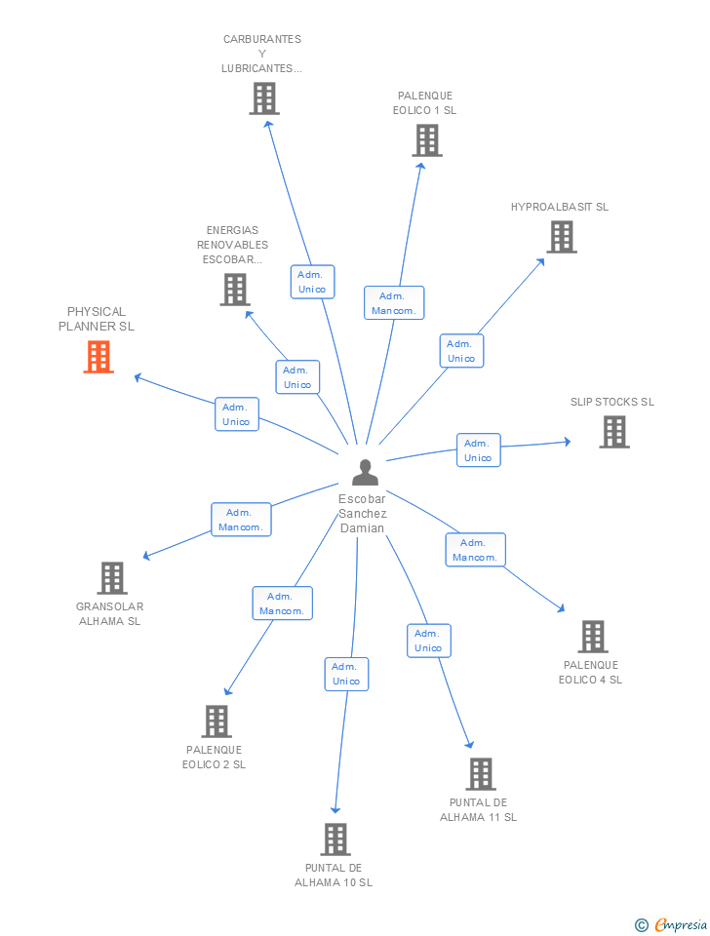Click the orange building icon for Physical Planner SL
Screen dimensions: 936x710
tap(99, 357)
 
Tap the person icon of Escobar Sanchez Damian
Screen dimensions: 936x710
tap(365, 473)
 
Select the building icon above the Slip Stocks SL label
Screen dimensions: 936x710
tap(613, 432)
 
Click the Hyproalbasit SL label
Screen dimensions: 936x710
tap(559, 207)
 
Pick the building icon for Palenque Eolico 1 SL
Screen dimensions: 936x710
tap(426, 140)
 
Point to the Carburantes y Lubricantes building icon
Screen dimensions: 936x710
tap(263, 98)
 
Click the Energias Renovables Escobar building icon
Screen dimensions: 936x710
tap(234, 290)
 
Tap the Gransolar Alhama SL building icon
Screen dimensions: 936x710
tap(112, 578)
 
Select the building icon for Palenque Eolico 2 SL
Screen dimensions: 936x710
tap(216, 721)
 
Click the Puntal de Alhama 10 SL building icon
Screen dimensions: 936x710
tap(335, 839)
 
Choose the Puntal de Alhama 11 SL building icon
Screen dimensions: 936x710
tap(480, 774)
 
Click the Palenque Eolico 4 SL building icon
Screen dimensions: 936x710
tap(592, 637)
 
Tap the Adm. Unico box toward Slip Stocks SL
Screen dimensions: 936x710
tap(478, 450)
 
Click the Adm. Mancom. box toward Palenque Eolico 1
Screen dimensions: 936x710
tap(394, 303)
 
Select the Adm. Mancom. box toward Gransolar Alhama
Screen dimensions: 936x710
tap(240, 520)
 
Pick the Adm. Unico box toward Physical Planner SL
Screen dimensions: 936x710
tap(236, 414)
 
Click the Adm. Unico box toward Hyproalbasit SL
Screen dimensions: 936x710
tap(460, 351)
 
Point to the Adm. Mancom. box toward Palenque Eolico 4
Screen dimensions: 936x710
tap(475, 550)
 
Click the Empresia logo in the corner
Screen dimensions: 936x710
tap(672, 924)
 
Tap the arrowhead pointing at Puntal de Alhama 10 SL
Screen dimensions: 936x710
tap(335, 808)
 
